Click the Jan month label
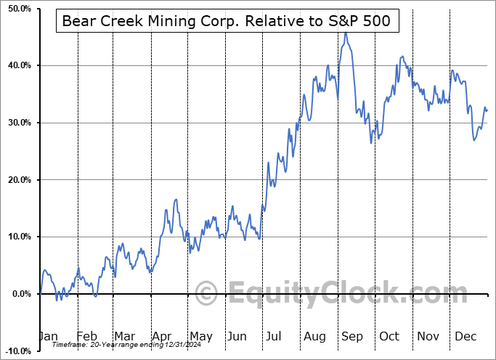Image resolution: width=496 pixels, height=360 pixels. [x=47, y=336]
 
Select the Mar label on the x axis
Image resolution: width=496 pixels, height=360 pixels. [x=124, y=336]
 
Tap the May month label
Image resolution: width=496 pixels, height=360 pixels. [x=200, y=336]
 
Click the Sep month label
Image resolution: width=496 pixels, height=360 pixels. [x=353, y=336]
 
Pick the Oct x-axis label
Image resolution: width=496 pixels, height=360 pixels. [x=389, y=336]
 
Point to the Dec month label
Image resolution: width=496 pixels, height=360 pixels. [x=465, y=336]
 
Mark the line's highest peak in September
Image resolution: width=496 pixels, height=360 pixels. [x=346, y=33]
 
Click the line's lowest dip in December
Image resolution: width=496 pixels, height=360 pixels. [x=474, y=139]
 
